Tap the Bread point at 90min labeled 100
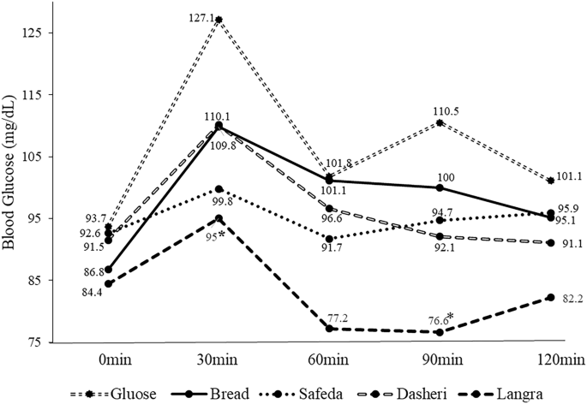tap(440, 187)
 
